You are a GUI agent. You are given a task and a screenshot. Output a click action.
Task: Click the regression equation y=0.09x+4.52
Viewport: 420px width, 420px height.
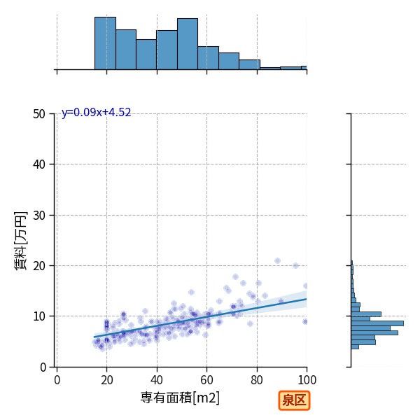tap(96, 112)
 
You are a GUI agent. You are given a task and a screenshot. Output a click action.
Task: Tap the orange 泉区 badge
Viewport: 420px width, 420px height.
tap(294, 400)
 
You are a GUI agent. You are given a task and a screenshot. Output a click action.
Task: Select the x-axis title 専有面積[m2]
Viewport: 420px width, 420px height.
tap(180, 398)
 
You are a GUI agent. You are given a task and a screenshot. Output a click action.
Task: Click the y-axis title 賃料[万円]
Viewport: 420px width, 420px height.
tap(20, 241)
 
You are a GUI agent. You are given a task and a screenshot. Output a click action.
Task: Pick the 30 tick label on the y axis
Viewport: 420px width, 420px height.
tap(39, 216)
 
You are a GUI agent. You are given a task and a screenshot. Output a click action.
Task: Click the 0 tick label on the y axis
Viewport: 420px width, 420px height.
tap(43, 367)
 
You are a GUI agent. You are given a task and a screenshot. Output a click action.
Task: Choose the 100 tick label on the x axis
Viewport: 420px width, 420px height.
tap(307, 380)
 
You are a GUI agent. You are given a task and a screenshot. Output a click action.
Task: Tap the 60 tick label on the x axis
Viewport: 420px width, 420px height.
tap(206, 380)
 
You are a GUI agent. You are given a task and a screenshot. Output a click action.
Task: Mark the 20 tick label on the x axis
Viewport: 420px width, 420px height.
tap(107, 380)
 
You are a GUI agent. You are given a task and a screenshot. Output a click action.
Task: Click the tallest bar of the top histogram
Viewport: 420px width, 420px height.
tap(105, 43)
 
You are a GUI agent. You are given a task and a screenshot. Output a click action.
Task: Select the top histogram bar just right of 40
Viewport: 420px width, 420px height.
tap(167, 50)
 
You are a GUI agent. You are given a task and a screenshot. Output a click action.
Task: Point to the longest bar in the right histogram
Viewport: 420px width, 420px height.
tap(377, 323)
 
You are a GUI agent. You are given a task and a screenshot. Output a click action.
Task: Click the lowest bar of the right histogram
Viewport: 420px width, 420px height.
tap(355, 347)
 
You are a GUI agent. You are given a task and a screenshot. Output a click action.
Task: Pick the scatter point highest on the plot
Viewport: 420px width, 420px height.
tap(277, 260)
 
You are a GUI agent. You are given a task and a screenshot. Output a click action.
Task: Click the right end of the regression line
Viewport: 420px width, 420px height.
tap(307, 299)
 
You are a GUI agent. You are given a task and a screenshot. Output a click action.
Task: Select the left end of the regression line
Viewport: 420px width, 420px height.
tap(94, 337)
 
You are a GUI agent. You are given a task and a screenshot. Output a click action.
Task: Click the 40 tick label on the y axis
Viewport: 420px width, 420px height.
tap(39, 164)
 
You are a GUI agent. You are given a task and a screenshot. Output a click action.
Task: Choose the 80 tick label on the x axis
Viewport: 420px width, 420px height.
tap(257, 380)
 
